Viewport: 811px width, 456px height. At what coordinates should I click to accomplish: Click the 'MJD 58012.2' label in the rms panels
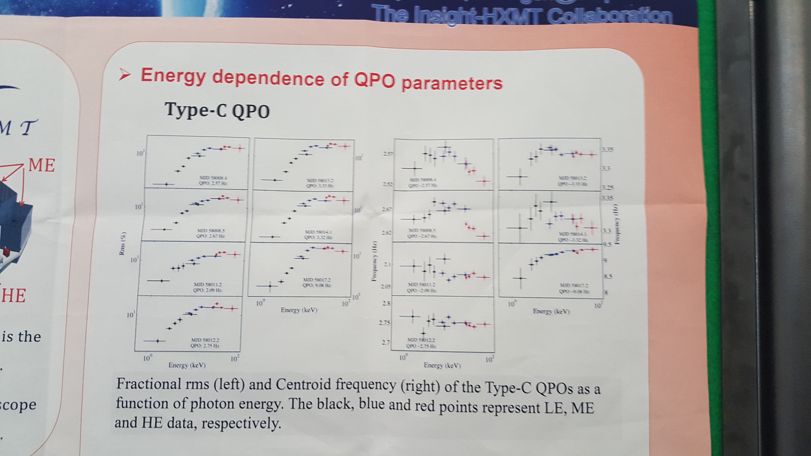pyautogui.click(x=205, y=340)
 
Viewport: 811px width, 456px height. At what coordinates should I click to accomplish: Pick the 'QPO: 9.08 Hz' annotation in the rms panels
pyautogui.click(x=316, y=285)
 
